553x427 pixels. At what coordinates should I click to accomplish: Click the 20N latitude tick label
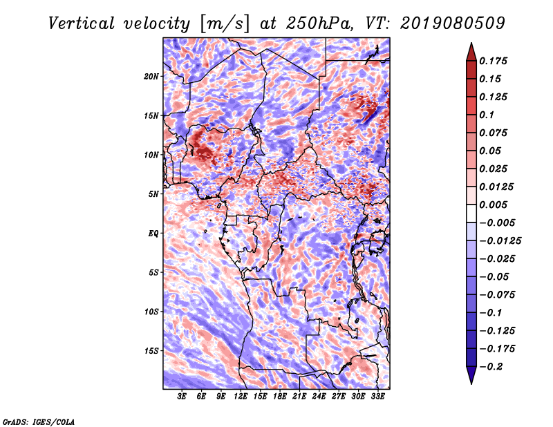(x=151, y=77)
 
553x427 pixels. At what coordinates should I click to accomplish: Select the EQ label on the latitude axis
(x=153, y=234)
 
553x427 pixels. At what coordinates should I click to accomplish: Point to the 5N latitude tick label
(x=153, y=194)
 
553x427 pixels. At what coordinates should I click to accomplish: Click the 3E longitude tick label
(x=182, y=397)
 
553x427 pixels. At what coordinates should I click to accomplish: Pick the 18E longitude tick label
(x=280, y=397)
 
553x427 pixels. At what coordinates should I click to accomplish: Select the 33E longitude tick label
(x=377, y=397)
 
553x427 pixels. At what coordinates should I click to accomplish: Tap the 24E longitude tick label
(x=319, y=397)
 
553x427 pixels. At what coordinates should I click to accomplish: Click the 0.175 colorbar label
(x=493, y=61)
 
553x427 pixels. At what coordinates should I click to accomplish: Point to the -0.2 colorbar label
(x=491, y=367)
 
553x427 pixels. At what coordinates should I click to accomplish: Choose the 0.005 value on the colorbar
(x=493, y=205)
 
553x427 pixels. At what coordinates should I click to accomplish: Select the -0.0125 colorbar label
(x=500, y=241)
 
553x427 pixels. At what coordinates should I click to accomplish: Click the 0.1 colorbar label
(x=487, y=115)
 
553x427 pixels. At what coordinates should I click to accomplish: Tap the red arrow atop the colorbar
(x=471, y=53)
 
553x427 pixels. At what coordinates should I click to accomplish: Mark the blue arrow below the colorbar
(x=471, y=375)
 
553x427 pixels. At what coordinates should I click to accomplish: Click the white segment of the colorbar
(x=471, y=213)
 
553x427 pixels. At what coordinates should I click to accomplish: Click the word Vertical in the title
(x=82, y=23)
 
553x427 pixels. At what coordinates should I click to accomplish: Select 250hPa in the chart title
(x=319, y=23)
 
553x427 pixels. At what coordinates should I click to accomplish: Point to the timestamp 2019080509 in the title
(x=453, y=23)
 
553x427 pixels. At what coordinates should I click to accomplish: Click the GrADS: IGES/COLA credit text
(x=39, y=422)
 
